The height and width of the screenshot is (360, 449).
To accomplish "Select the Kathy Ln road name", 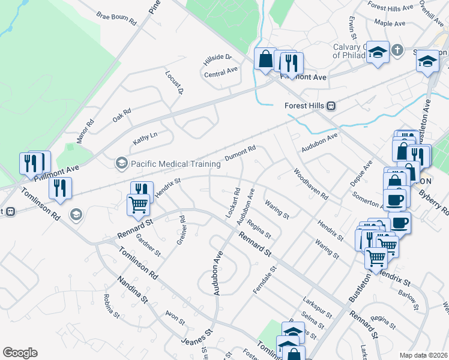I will (x=145, y=137).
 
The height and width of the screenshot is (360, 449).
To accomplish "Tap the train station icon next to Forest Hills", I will (x=331, y=106).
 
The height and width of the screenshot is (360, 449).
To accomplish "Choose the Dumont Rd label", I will (x=241, y=153).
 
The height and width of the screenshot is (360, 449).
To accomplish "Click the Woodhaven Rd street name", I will (x=311, y=184).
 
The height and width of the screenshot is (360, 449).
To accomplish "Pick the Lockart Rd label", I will (x=233, y=203).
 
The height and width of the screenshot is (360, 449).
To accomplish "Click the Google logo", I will (x=20, y=353).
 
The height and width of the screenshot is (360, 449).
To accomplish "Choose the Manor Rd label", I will (x=85, y=131).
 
